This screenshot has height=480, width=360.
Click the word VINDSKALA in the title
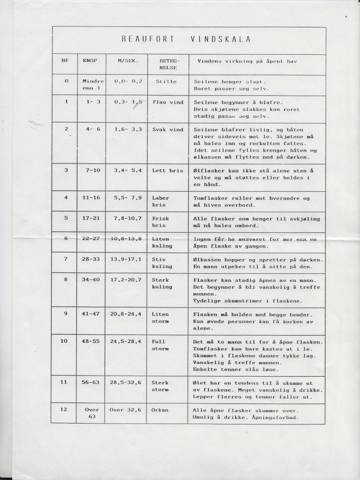coord(221,39)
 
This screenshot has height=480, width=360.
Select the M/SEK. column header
coord(125,61)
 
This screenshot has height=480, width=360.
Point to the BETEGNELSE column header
coord(167,64)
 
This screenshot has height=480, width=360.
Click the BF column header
coord(65,61)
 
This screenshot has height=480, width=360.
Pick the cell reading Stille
coord(166,82)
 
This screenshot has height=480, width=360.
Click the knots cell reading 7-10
coord(92,171)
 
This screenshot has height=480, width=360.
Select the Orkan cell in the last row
coord(160,410)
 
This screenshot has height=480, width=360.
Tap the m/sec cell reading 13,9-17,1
coord(126,259)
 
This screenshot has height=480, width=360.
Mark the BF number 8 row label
coord(66,280)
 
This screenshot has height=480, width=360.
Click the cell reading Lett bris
coord(167,171)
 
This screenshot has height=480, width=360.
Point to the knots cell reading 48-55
coord(91,341)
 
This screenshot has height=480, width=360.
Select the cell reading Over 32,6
coord(125,410)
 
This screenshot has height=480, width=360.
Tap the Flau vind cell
coord(167,102)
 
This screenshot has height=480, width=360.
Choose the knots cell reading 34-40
coord(91,280)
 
